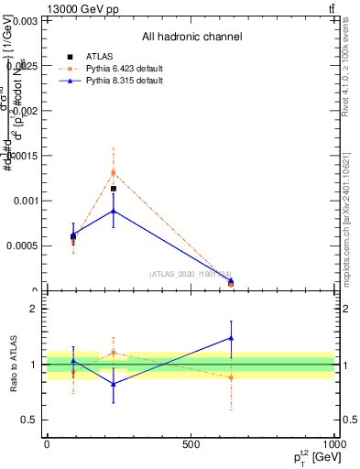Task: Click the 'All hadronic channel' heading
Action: click(191, 37)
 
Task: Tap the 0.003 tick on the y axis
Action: click(25, 19)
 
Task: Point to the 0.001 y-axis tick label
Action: click(25, 201)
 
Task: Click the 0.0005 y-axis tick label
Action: click(21, 245)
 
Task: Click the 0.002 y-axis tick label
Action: click(25, 110)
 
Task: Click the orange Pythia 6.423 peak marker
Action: click(114, 172)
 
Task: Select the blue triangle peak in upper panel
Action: click(114, 211)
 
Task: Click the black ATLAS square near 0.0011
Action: click(114, 189)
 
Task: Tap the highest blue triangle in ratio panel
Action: click(231, 338)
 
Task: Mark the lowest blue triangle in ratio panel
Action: click(114, 384)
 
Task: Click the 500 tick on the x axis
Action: click(191, 443)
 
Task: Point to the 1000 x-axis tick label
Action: click(333, 443)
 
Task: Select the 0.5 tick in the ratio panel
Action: click(29, 420)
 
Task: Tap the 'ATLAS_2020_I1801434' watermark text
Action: click(191, 274)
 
